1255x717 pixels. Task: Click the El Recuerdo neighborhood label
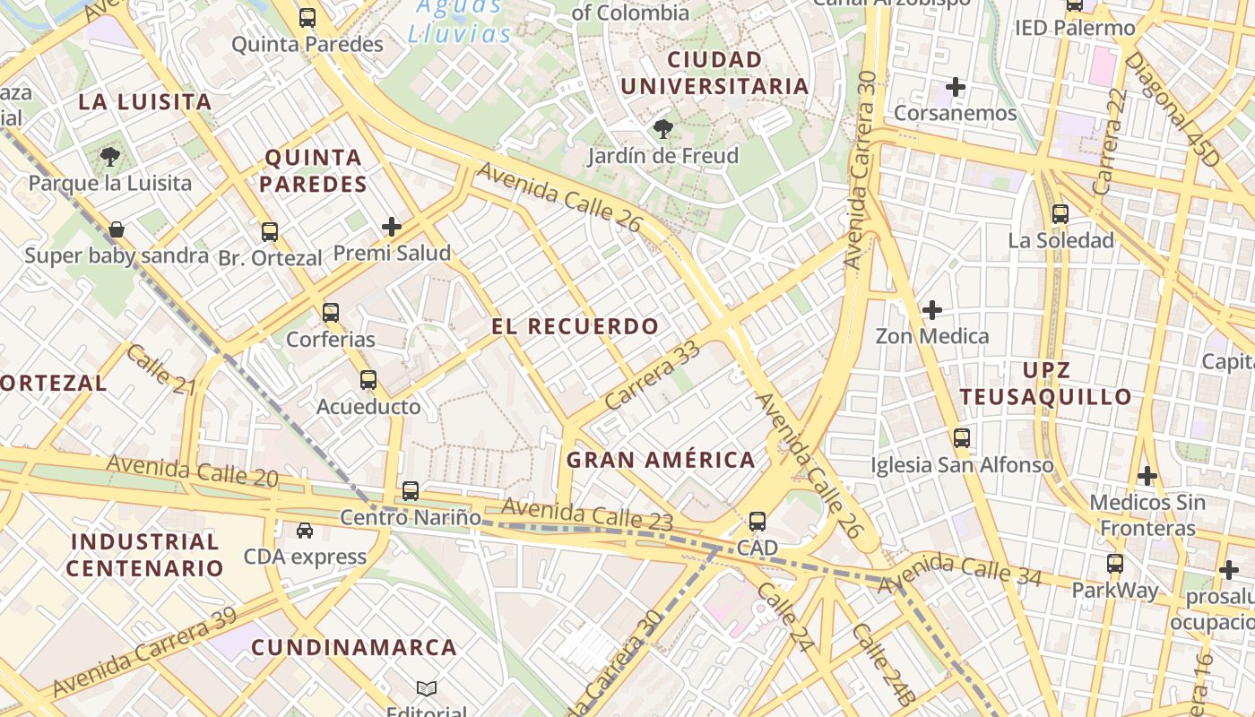coord(575,326)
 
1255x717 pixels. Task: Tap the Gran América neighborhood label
coord(661,460)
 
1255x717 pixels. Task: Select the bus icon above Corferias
coord(331,313)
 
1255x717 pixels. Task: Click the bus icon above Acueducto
coord(368,380)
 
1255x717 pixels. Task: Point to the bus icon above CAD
coord(757,521)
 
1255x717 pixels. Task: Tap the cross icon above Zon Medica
coord(932,310)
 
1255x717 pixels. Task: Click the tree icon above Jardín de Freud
coord(663,129)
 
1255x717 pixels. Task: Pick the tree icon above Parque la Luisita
coord(110,157)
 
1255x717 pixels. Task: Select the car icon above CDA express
coord(305,531)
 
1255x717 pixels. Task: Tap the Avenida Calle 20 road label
coord(192,471)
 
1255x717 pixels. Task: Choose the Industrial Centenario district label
coord(144,555)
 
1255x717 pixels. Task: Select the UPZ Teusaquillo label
coord(1045,384)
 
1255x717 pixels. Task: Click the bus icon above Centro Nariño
coord(411,490)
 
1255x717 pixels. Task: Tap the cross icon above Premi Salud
coord(392,227)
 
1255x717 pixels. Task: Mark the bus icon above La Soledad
coord(1060,214)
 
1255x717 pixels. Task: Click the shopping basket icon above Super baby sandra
coord(117,230)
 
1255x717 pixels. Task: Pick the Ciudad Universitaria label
coord(714,73)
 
